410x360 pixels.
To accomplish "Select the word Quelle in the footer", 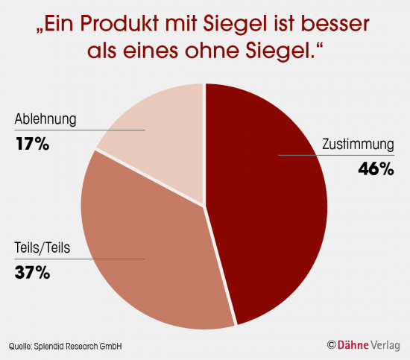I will (x=22, y=346).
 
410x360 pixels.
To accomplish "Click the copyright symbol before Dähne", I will (x=332, y=345).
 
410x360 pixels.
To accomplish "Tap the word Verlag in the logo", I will (x=388, y=345).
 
